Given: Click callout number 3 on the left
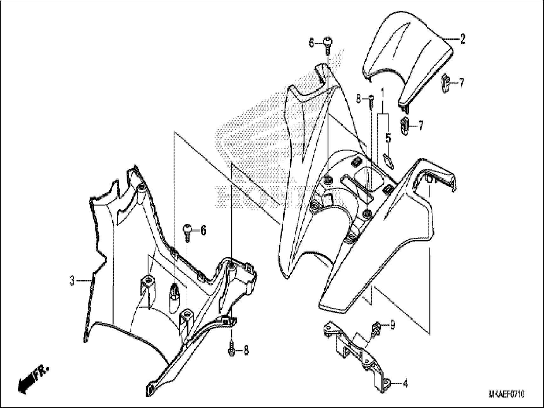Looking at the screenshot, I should pos(72,281).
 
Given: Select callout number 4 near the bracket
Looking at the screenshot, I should pos(405,384).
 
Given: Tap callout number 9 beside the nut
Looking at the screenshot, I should pos(393,325).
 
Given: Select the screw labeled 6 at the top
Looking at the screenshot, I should pos(328,45).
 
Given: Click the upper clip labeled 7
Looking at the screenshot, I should pos(445,83).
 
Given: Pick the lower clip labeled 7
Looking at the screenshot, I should pos(405,126).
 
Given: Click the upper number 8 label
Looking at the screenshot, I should pos(359,99).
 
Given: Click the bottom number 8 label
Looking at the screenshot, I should pos(246,351).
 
